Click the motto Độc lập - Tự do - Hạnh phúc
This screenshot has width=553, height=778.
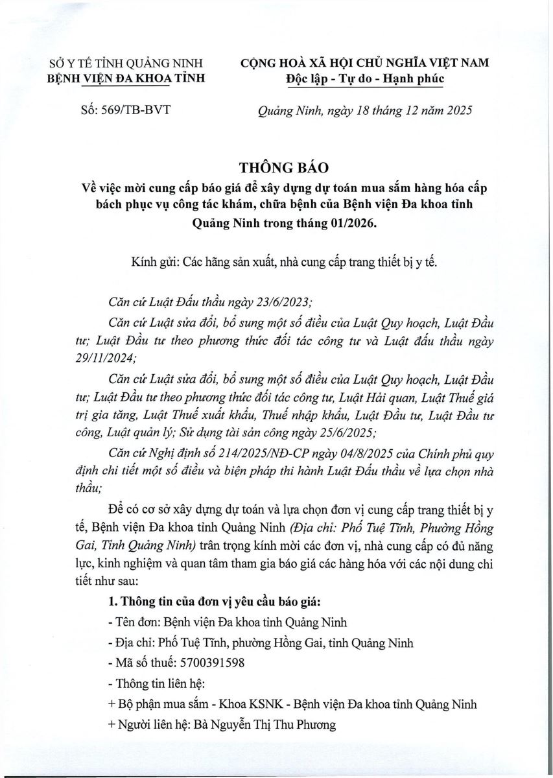[x=365, y=79]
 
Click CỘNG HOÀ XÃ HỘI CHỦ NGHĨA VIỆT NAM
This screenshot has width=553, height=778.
[x=365, y=63]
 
